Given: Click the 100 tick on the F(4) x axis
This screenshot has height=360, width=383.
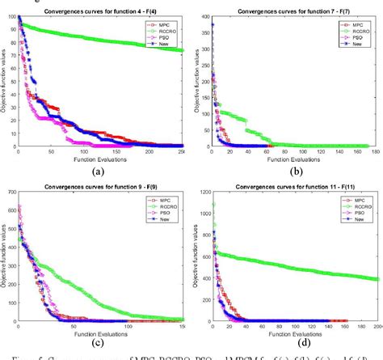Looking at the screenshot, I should (93, 152).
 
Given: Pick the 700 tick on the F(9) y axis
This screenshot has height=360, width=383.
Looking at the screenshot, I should (10, 191).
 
